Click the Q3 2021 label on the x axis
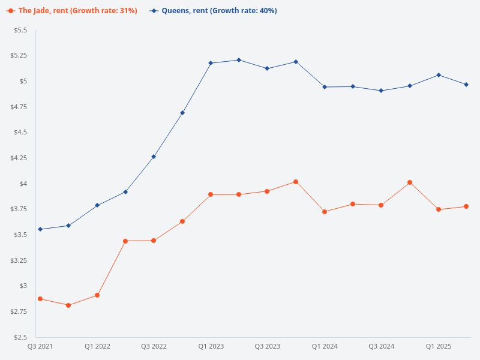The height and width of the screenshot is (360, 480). pos(40,346)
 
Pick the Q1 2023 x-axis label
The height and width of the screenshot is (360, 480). pos(211,346)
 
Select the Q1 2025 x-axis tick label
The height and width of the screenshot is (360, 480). pos(439,346)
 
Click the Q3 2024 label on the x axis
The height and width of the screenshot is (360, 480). pos(382,346)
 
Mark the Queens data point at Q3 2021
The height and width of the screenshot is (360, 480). pos(40,229)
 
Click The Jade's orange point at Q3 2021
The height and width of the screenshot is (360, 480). pos(40,299)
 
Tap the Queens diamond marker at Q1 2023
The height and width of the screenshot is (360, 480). pos(211,63)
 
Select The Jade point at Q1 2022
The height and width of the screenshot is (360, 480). pos(97,295)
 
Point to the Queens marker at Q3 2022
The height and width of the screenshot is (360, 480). pos(154,157)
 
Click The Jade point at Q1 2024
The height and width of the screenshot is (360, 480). pos(325,212)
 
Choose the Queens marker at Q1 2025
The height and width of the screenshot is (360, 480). pos(439,75)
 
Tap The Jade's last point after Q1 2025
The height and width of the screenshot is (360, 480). pos(466,206)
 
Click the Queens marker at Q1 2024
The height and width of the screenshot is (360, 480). pos(325,87)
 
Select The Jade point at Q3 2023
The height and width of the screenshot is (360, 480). pos(268,191)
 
